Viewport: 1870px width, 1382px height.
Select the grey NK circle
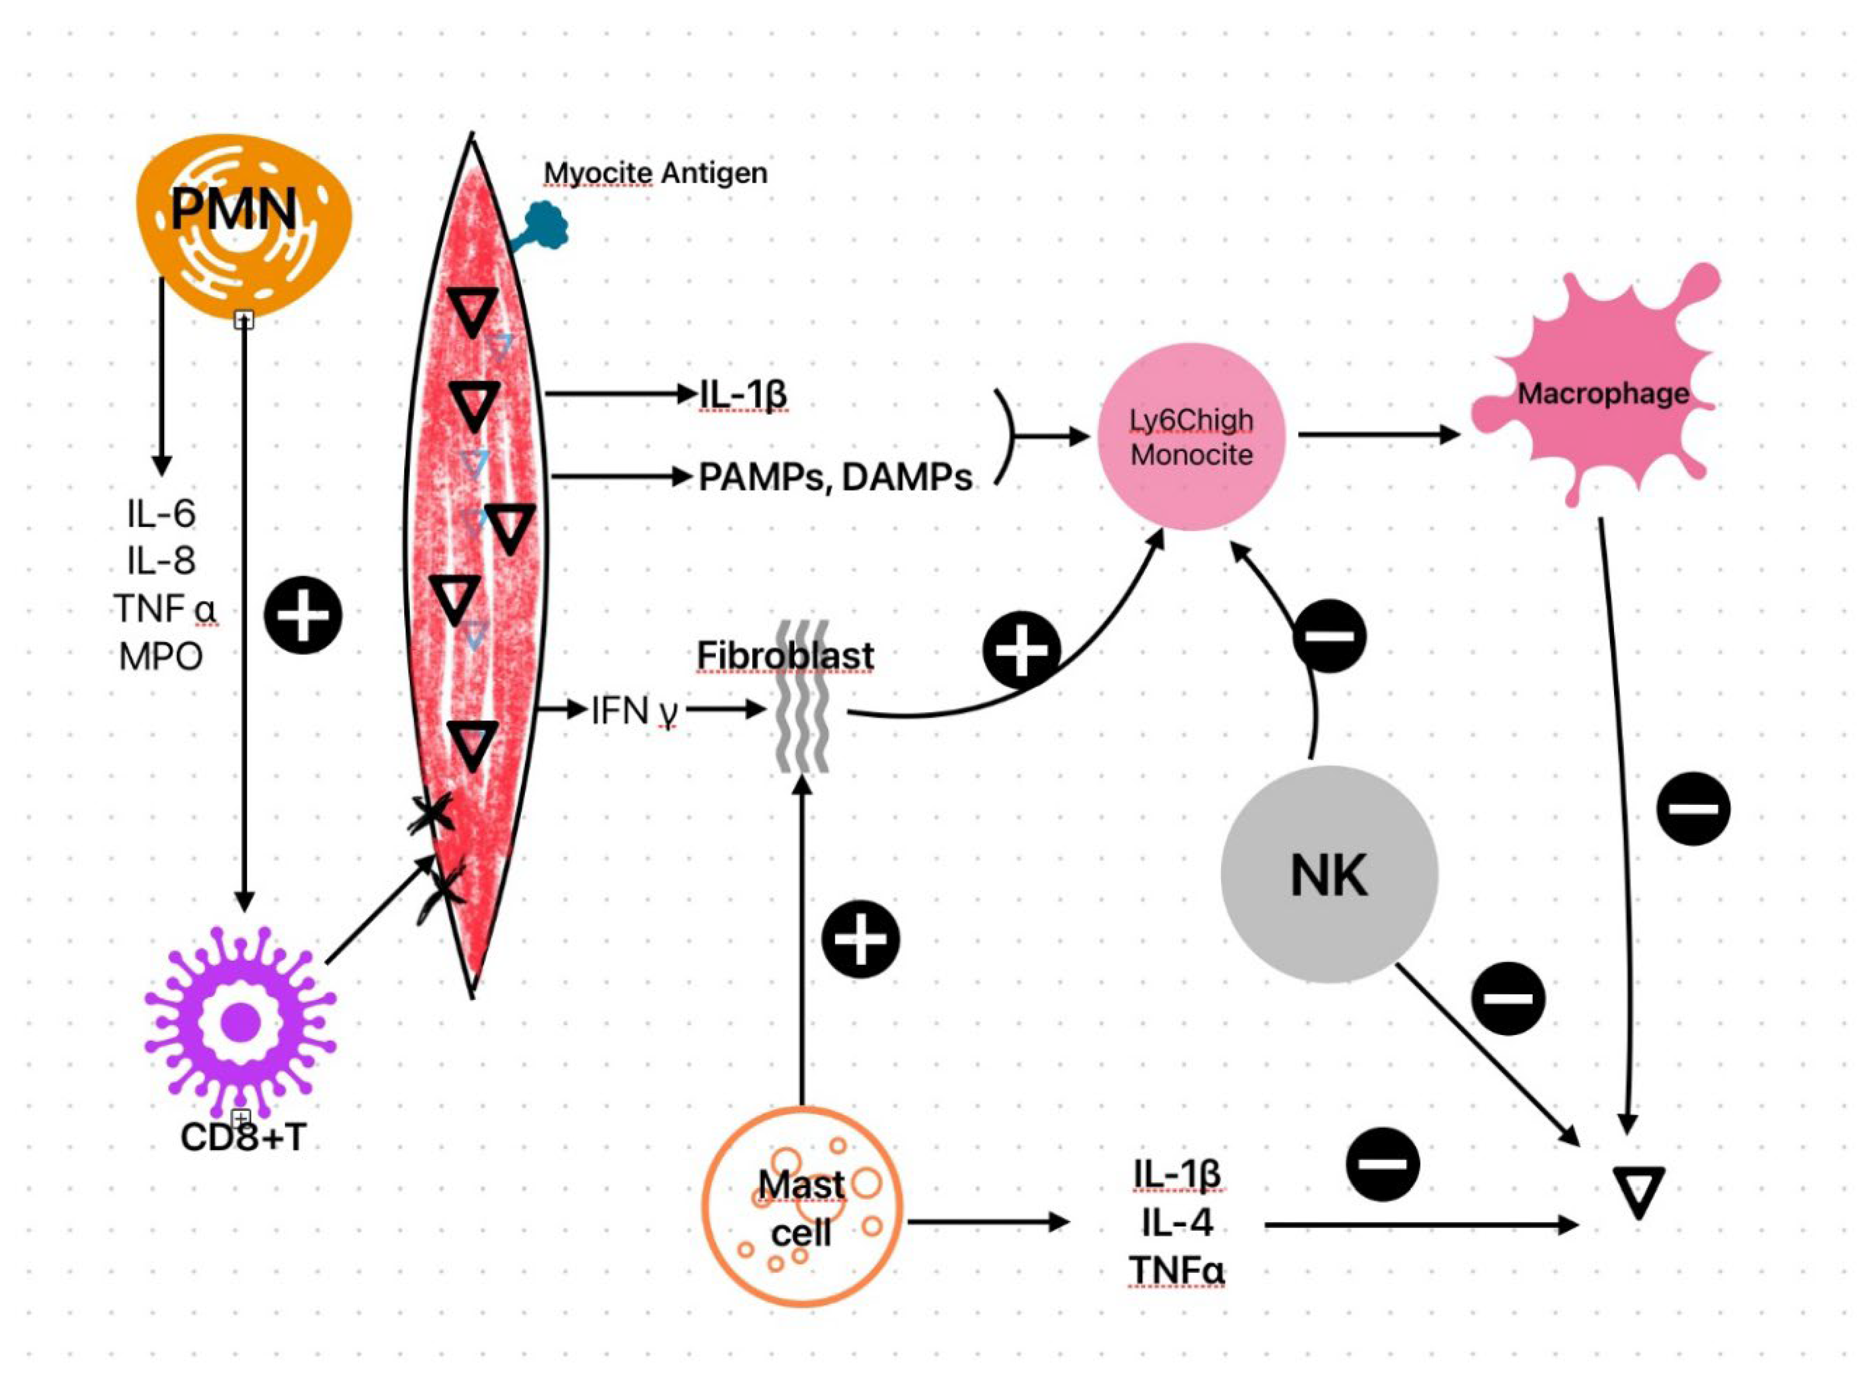click(x=1329, y=875)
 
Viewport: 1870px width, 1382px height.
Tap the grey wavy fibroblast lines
click(x=801, y=697)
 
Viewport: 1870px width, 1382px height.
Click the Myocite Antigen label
click(x=655, y=173)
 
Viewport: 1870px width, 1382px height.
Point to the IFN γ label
click(x=634, y=711)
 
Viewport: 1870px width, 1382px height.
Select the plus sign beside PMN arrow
click(x=303, y=615)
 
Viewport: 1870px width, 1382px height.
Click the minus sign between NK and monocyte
click(x=1329, y=636)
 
